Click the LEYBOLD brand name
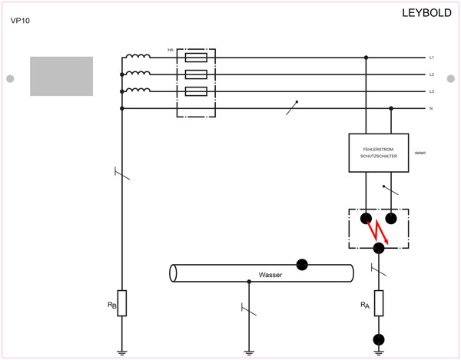click(426, 13)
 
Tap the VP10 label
click(20, 21)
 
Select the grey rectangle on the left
click(61, 76)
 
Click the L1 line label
click(432, 58)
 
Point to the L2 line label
click(432, 74)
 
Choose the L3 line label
click(432, 91)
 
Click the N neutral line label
click(432, 109)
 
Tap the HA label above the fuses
click(170, 50)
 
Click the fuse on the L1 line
click(196, 58)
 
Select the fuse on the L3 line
click(196, 91)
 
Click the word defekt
click(420, 153)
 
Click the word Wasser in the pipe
click(270, 274)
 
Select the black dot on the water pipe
click(302, 264)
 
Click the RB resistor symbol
click(121, 303)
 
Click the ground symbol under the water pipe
click(248, 352)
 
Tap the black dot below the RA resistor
click(378, 339)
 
